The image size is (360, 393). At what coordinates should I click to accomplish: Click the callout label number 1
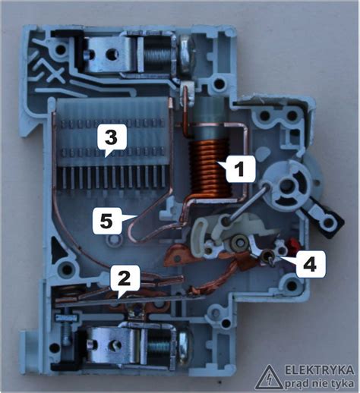238,169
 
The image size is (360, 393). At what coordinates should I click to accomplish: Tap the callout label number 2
125,280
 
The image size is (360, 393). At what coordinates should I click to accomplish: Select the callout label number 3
112,138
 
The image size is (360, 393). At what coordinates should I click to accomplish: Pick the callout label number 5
106,222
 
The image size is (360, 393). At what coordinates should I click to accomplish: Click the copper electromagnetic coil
210,169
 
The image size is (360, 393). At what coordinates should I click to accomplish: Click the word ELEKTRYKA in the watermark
320,370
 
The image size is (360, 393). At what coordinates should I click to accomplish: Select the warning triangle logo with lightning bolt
269,376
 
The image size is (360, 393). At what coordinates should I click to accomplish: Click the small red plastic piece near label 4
293,244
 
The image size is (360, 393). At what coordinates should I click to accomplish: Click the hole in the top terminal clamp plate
111,53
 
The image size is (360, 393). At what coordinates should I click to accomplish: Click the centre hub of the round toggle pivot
286,185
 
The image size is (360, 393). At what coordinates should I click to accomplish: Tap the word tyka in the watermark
343,384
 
